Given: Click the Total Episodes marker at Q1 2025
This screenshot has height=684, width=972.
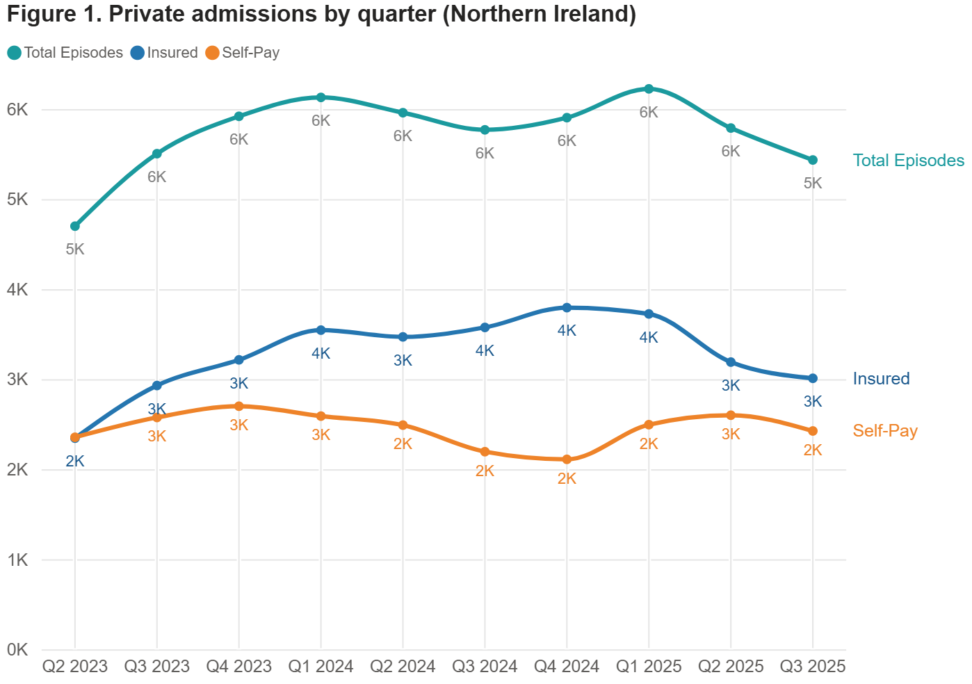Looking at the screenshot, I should (x=649, y=89).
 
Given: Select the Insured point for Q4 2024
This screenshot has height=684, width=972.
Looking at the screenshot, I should (x=567, y=307).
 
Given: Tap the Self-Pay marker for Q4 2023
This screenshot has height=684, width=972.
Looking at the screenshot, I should (x=239, y=406).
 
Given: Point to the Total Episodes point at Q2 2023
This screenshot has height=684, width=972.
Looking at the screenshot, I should (x=75, y=226).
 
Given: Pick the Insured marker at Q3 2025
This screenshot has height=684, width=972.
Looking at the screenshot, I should (x=813, y=378).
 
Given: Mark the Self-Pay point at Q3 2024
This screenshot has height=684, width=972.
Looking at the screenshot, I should (x=485, y=452).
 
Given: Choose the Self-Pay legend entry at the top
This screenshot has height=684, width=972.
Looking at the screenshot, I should (x=243, y=53).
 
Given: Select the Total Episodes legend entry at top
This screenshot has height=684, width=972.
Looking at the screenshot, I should (x=65, y=53).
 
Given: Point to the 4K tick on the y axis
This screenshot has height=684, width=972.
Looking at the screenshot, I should (x=17, y=290).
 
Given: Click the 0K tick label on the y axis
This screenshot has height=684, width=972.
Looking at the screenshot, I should (x=17, y=650).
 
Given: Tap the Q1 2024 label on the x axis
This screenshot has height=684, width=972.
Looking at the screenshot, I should (x=321, y=667).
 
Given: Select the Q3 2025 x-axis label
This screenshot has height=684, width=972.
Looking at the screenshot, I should (x=813, y=667).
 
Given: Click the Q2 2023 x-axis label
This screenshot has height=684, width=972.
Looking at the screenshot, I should (x=75, y=667).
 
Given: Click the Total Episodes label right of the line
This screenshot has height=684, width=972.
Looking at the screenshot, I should (x=908, y=161).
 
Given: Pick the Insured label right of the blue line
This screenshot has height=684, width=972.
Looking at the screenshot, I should (x=881, y=379).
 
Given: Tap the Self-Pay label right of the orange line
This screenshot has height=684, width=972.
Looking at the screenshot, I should (x=885, y=431).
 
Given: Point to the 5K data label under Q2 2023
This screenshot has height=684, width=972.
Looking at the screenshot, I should (x=75, y=250).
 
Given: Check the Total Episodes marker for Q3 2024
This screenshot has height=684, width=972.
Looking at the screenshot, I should (x=485, y=130).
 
